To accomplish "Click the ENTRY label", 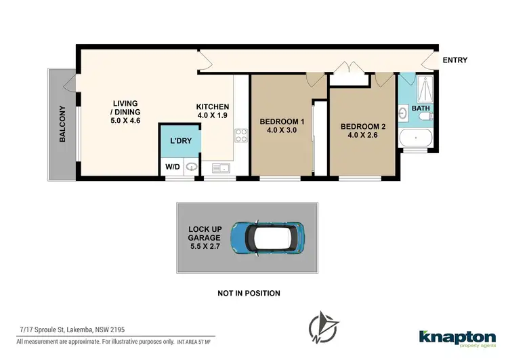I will click(x=454, y=60).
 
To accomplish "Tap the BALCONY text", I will click(x=62, y=123).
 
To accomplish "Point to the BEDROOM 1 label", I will click(x=282, y=127).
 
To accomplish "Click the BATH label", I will click(x=421, y=108).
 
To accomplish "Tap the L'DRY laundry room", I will click(x=179, y=141).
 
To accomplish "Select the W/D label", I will click(x=173, y=167).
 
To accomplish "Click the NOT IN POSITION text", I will click(x=249, y=294).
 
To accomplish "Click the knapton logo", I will click(x=457, y=337).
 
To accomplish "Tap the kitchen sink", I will click(x=220, y=167).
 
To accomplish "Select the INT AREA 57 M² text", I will click(x=194, y=340).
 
